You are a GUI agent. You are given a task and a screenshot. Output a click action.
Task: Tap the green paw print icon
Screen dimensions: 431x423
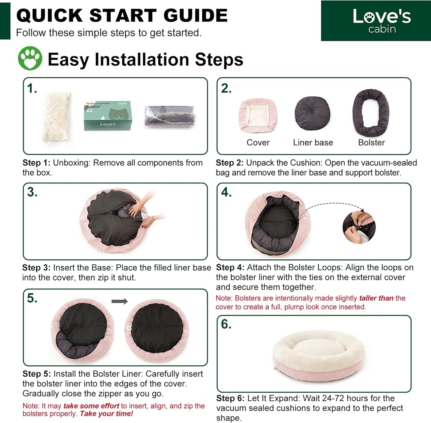30,58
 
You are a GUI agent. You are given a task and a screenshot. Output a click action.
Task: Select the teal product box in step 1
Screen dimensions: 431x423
108,116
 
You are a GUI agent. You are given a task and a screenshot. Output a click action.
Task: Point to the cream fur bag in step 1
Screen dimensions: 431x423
57,117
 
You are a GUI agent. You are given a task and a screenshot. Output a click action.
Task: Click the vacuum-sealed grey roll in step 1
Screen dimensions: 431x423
169,116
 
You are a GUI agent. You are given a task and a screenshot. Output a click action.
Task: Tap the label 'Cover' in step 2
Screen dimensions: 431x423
258,143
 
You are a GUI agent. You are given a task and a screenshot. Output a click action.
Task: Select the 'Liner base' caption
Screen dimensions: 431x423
313,143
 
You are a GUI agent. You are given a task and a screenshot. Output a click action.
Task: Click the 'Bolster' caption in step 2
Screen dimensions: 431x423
371,143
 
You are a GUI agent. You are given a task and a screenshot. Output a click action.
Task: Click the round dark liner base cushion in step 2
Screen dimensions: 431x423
312,113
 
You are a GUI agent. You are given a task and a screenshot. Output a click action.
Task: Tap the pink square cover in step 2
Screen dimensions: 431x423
258,116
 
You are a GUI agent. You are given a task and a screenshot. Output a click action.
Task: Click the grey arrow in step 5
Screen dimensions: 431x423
119,301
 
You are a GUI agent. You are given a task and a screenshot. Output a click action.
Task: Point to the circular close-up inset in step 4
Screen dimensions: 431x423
359,227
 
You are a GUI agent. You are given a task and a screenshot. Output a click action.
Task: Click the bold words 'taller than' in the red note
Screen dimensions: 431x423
376,298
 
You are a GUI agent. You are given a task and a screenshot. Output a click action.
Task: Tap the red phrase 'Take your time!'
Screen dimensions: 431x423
106,413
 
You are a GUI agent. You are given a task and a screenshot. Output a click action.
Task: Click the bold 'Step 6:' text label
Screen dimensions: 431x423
230,398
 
